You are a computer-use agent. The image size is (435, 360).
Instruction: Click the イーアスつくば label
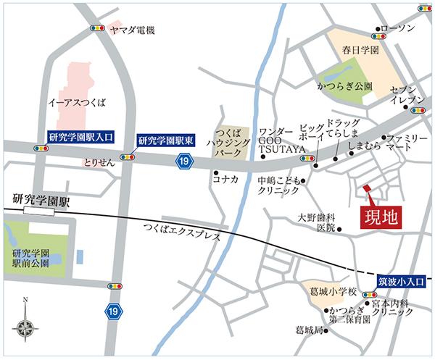(x=75, y=102)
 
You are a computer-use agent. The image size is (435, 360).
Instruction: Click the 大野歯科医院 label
(x=318, y=222)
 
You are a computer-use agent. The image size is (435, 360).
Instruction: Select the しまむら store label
(x=364, y=146)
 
